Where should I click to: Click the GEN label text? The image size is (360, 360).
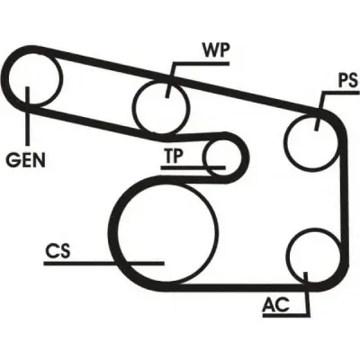tap(26, 160)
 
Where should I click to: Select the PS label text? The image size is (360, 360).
tap(348, 80)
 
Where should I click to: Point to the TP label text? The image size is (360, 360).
tap(174, 156)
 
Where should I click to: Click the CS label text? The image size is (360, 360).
tap(58, 251)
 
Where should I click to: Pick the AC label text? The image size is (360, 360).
tap(276, 305)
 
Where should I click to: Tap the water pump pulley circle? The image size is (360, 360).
tap(162, 108)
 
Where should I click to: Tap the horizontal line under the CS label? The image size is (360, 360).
tap(103, 264)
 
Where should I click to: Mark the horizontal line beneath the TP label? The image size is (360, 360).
tap(193, 167)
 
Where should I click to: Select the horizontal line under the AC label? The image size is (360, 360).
tap(286, 315)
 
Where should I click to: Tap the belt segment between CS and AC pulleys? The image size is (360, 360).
tap(240, 287)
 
